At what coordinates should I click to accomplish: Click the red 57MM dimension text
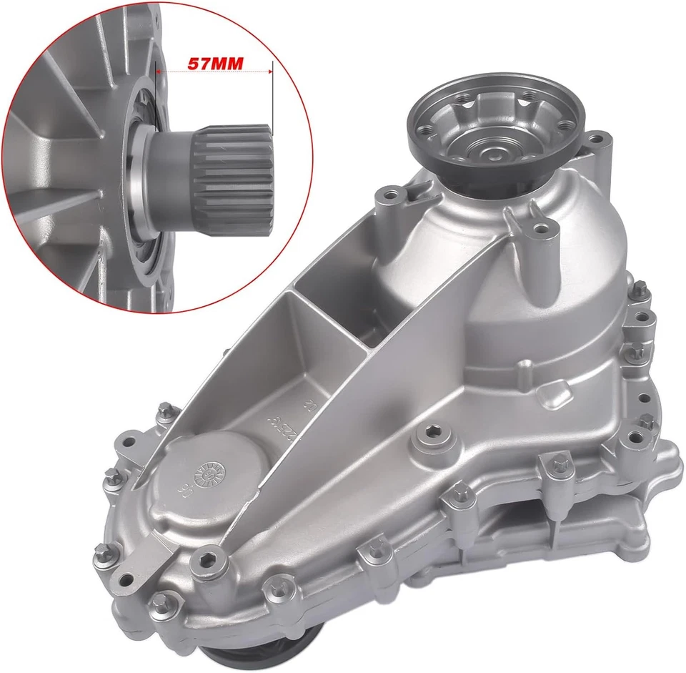(x=214, y=62)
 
